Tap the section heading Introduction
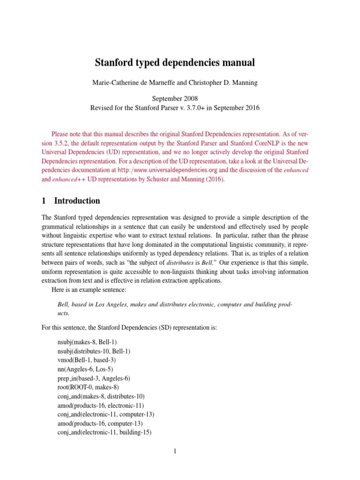[77, 201]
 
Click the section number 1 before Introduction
[44, 201]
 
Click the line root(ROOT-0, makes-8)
[88, 387]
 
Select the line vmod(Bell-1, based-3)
[86, 360]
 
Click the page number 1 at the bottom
[174, 451]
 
